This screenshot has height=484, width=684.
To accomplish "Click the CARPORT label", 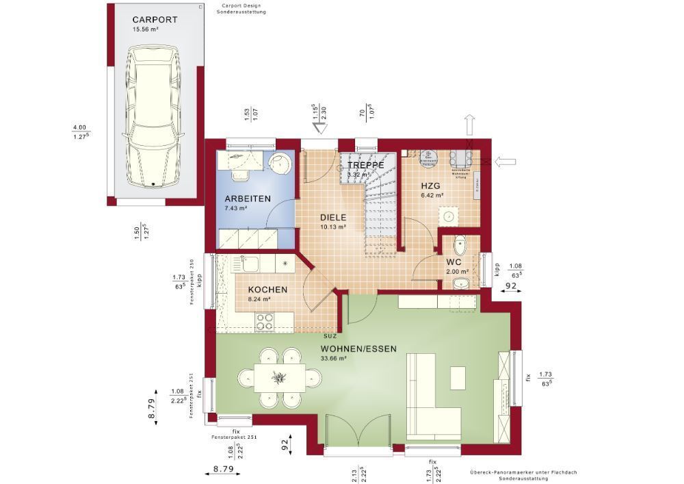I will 155,20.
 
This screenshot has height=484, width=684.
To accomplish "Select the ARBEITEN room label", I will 248,199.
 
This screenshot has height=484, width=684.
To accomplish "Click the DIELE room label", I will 334,217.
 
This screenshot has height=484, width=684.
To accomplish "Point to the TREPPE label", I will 365,166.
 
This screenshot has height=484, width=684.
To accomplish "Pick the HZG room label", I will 431,186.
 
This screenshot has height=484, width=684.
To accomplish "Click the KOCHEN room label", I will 267,290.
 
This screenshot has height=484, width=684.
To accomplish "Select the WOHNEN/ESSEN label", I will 358,348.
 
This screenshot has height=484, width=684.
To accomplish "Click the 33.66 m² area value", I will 334,358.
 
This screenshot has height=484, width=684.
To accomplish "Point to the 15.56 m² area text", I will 146,29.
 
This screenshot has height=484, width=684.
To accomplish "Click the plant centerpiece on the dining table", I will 280,377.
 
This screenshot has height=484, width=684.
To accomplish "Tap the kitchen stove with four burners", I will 265,320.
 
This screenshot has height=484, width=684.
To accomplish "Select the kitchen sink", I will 246,263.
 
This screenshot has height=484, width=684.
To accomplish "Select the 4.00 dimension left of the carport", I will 79,127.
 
